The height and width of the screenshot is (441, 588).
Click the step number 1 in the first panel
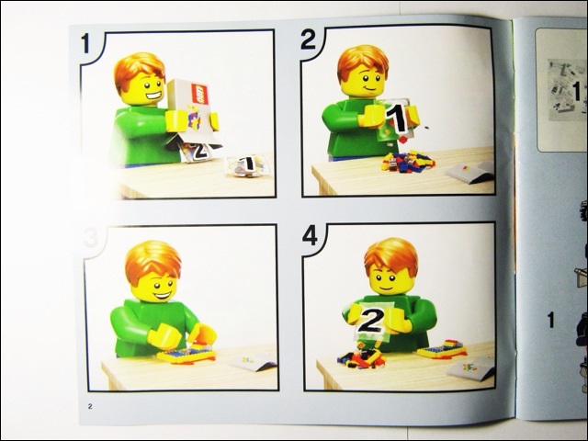pos(86,43)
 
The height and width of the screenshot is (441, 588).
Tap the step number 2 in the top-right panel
pos(308,40)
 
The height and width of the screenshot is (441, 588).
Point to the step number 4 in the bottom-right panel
pos(310,236)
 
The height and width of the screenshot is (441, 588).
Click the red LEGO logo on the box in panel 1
pos(200,93)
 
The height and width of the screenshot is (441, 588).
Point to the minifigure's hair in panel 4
pos(390,256)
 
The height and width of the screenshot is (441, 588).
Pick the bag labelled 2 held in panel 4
pos(372,320)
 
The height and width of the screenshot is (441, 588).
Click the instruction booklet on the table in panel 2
pos(470,171)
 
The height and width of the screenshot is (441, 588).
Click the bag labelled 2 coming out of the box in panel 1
pos(198,149)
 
